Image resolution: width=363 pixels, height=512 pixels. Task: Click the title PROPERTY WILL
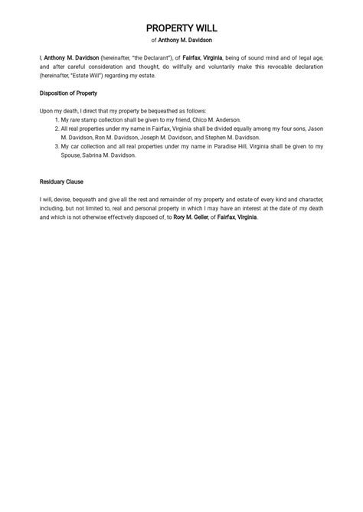point(181,28)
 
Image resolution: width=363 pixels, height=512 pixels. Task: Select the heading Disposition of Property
point(68,93)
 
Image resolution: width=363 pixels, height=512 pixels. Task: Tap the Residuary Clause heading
point(61,182)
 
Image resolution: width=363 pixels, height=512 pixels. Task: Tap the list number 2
point(56,129)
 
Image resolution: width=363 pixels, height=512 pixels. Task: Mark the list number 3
point(56,146)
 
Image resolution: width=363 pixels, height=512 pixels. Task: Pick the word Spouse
point(71,155)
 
